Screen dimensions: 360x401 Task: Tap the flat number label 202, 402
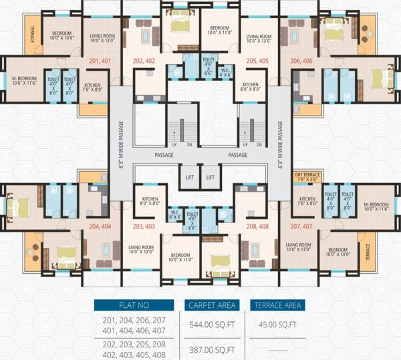coord(145,62)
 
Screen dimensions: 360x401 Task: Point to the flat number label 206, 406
coord(302,62)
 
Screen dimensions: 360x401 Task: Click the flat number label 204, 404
coord(99,227)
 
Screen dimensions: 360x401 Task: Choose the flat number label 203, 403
coord(144,227)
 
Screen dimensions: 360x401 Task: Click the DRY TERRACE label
coord(307,177)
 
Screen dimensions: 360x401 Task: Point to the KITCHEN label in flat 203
coord(150,201)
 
